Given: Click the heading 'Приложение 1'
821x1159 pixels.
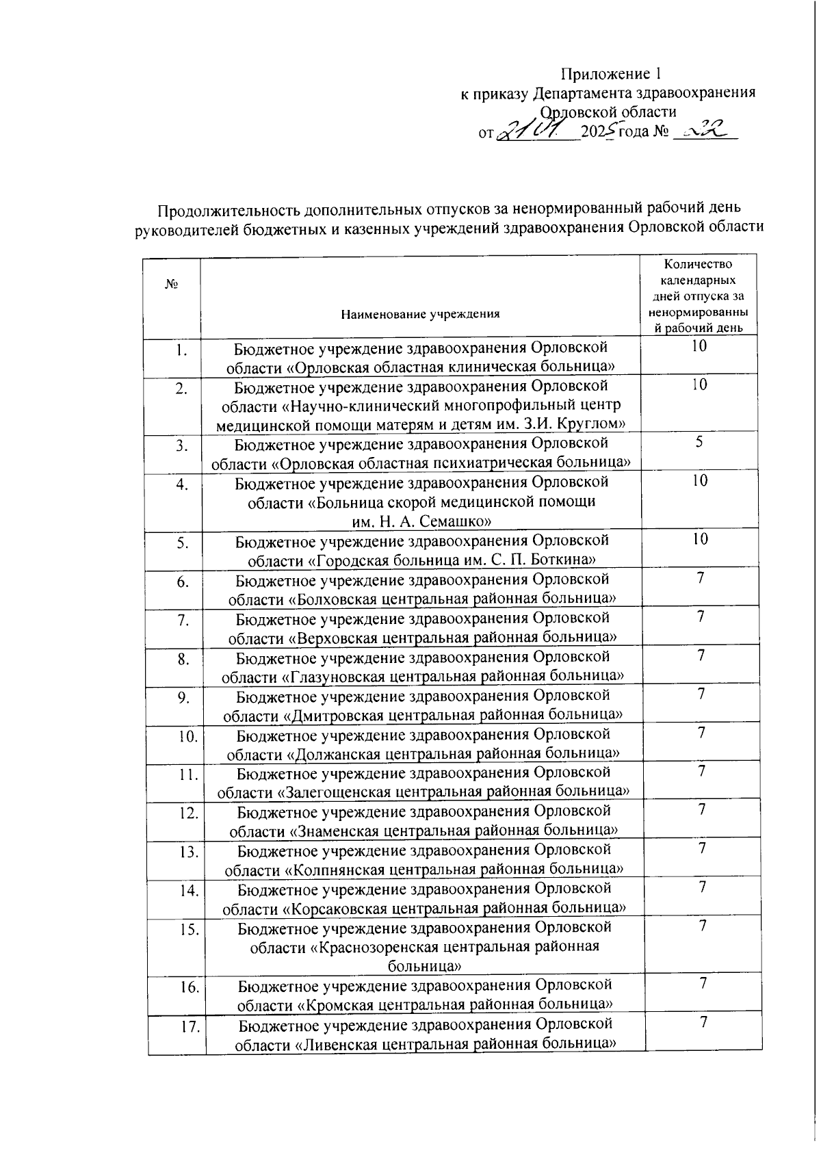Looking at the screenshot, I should coord(611,74).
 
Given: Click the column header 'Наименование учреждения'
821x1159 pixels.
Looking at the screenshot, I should coord(421,314).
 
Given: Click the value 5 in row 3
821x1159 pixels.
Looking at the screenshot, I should coord(699,442).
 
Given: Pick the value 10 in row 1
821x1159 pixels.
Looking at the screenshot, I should coord(699,346).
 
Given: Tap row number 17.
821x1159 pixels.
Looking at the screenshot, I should coord(190,1026).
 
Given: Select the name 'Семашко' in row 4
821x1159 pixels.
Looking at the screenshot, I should coord(458,521).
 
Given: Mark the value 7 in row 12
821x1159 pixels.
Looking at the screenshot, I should coord(701,809).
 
